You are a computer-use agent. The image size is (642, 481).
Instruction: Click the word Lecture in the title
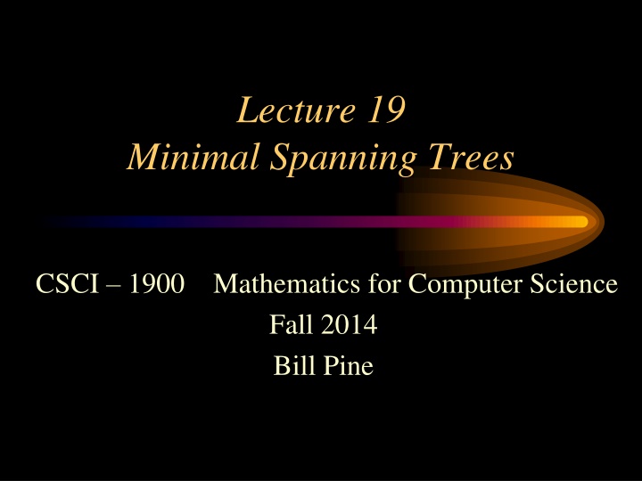click(x=296, y=110)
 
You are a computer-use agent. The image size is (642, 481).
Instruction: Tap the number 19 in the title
click(x=386, y=110)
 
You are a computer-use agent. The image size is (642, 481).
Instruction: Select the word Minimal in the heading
click(x=193, y=157)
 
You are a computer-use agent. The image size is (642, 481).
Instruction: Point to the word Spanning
click(x=343, y=159)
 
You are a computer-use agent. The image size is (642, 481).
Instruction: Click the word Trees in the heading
click(x=471, y=157)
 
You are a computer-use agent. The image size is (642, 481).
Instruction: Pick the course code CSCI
click(x=68, y=283)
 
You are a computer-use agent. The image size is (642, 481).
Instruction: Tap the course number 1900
click(x=157, y=283)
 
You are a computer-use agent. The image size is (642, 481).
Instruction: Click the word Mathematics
click(x=286, y=283)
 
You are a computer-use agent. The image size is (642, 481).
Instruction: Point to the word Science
click(x=573, y=283)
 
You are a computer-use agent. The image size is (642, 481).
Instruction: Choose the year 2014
click(x=350, y=324)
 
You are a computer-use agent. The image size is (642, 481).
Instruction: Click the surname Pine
click(x=349, y=365)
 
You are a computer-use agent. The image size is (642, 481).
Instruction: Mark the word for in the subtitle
click(x=383, y=283)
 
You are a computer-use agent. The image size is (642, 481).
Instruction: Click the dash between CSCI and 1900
click(x=114, y=286)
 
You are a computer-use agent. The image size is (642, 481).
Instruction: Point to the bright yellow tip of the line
click(x=580, y=222)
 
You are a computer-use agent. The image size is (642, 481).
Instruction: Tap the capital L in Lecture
click(x=247, y=110)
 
